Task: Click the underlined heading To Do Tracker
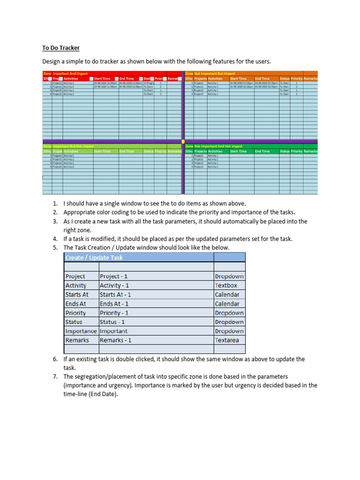pos(61,48)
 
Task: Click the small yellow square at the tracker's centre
pos(183,141)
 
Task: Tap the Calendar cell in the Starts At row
pos(227,294)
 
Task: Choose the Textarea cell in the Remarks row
pos(227,340)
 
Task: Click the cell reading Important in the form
pos(113,331)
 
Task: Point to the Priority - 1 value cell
pos(114,313)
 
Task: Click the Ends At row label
pos(76,304)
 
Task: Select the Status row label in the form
pos(74,322)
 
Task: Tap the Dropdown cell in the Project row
pos(229,276)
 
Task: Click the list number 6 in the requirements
pos(55,359)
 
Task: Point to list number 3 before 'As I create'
pos(55,221)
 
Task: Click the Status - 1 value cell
pos(114,322)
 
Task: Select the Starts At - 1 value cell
pos(115,294)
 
